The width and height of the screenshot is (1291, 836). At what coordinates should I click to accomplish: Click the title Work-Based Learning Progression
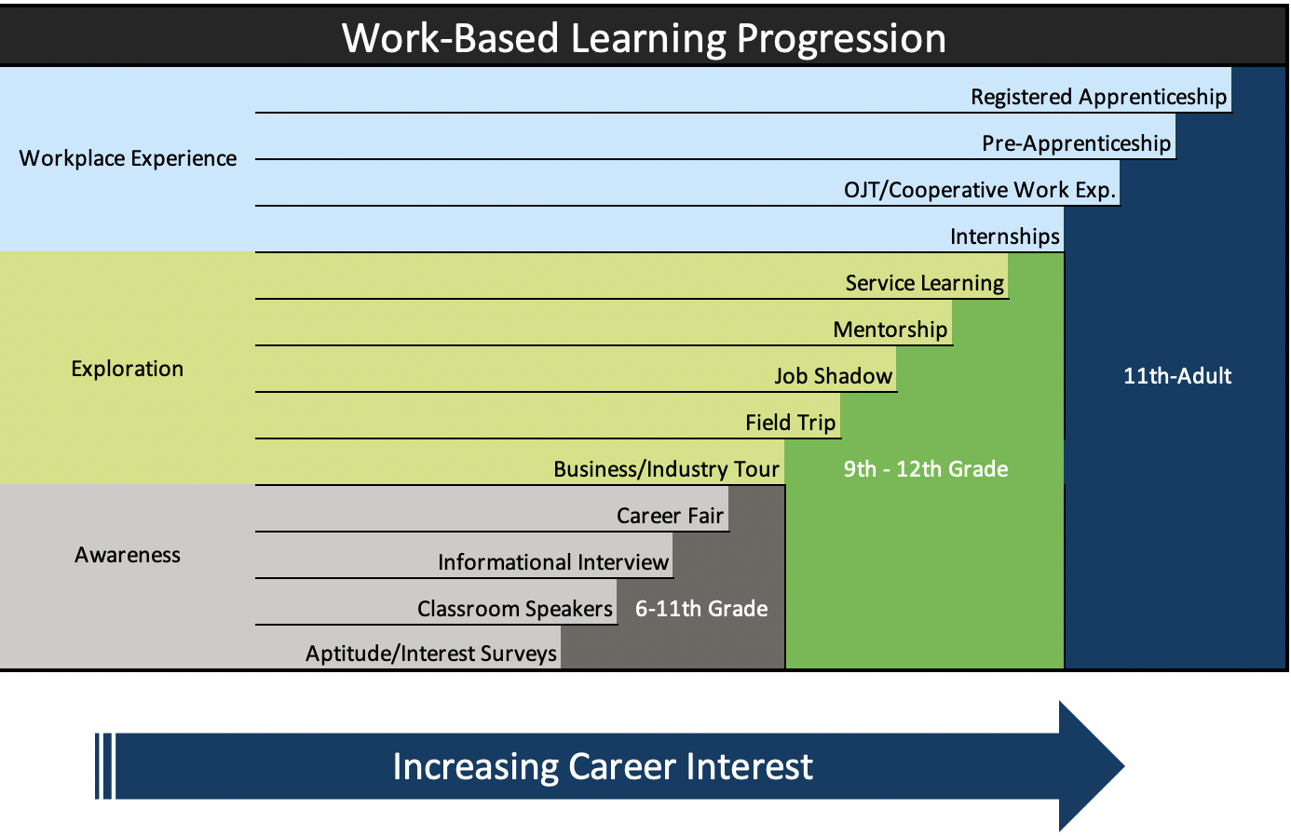click(644, 38)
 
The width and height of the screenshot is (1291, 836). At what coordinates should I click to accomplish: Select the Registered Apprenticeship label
click(1098, 97)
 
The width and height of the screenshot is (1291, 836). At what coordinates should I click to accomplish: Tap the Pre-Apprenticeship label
click(1076, 143)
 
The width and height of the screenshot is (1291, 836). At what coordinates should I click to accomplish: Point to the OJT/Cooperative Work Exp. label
click(980, 190)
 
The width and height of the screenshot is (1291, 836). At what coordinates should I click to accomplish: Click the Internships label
click(1004, 236)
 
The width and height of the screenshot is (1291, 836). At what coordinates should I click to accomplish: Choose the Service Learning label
click(924, 283)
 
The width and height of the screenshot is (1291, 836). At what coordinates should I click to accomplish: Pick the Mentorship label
click(890, 330)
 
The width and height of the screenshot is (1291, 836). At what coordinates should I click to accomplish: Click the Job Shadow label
click(833, 376)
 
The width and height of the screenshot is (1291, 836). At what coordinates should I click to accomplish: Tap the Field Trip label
click(790, 423)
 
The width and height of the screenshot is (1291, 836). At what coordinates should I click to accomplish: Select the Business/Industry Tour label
click(666, 469)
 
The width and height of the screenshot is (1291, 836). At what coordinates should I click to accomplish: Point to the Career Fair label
click(670, 516)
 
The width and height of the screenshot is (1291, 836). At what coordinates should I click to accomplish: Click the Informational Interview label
click(552, 562)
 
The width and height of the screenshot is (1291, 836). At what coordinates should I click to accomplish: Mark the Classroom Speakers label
click(515, 609)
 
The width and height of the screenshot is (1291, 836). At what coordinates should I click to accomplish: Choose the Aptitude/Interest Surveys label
click(431, 654)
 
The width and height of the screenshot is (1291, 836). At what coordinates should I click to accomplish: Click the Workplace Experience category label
click(128, 158)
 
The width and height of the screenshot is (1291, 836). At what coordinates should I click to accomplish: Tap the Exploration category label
click(128, 369)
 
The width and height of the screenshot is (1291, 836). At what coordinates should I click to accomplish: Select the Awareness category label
click(128, 555)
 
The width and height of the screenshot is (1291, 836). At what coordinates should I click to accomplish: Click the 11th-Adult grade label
click(1177, 376)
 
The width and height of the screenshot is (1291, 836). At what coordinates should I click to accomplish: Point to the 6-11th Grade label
click(701, 609)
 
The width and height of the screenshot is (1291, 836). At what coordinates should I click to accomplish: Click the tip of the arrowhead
click(1124, 766)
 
